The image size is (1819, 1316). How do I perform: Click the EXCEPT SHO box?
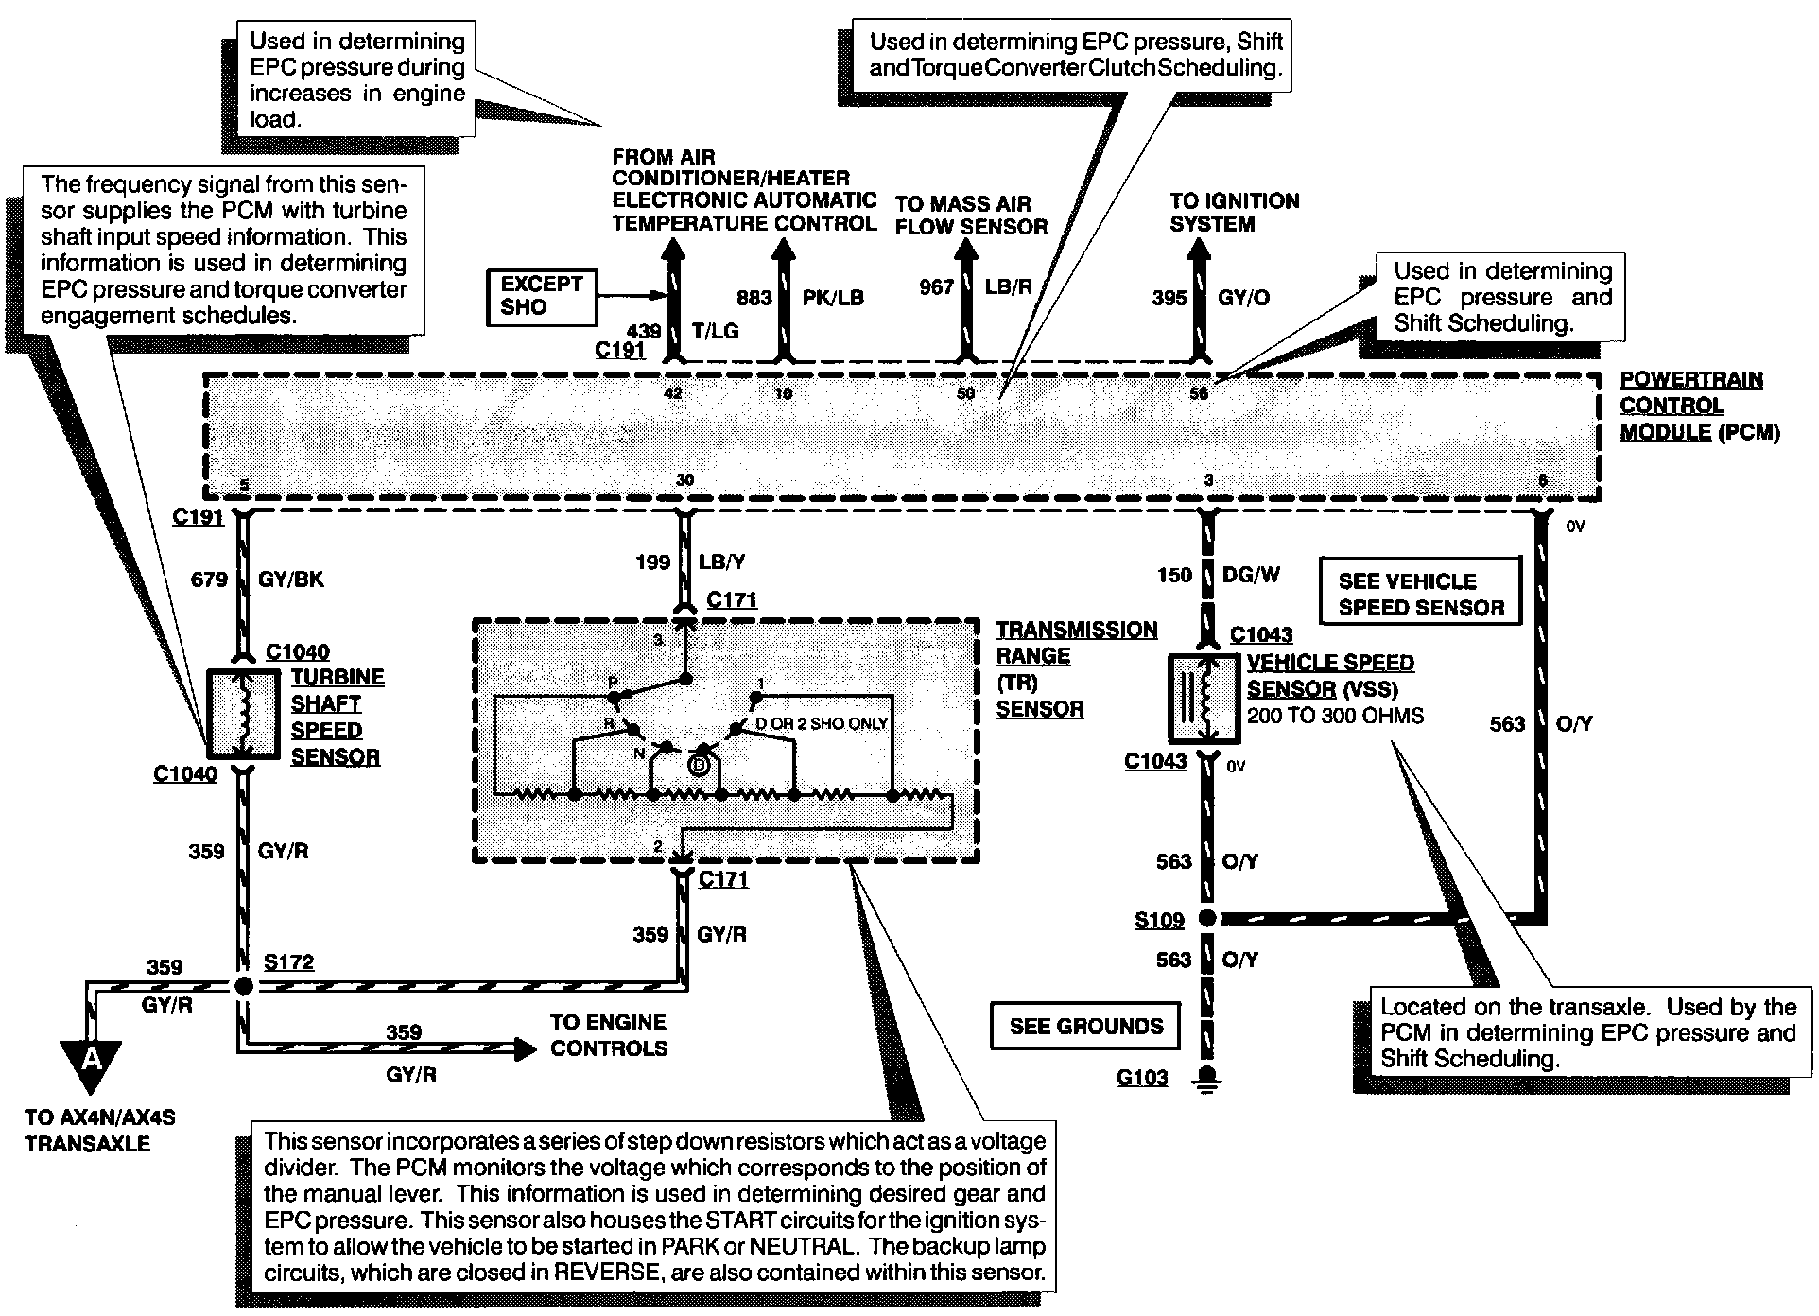542,296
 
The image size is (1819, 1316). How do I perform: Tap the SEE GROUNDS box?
1085,1026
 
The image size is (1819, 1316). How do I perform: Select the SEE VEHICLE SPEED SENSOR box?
1420,594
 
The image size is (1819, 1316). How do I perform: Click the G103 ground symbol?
1206,1079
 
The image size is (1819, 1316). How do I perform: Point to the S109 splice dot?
1206,918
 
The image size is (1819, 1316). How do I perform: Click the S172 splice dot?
244,986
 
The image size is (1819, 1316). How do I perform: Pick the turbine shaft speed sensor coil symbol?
244,713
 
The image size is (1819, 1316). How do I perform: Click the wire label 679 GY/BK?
257,579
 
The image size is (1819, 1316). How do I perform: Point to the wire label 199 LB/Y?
690,563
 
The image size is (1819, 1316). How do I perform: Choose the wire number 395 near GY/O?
1169,298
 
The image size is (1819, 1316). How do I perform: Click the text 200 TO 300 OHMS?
1335,716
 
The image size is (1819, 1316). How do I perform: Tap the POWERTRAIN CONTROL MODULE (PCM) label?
1699,407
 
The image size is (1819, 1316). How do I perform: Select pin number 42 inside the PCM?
673,393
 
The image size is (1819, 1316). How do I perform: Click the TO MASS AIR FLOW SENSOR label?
971,216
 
